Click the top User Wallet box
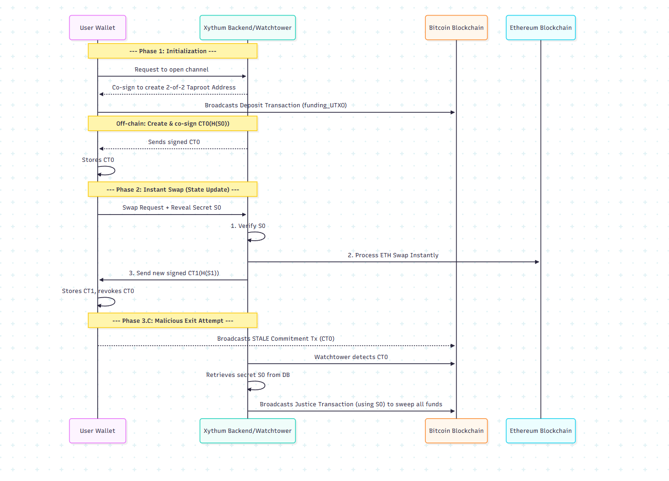(97, 28)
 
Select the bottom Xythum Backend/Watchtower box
(247, 431)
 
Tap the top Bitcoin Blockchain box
(456, 28)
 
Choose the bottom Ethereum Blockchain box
(541, 431)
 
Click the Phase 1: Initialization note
(173, 51)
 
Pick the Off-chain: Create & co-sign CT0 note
(173, 123)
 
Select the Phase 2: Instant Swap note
(173, 189)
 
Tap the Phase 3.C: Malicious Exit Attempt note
(173, 321)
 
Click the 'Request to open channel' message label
(172, 70)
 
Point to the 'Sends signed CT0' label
(174, 142)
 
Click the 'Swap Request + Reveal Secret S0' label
(172, 208)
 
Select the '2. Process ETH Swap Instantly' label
(393, 255)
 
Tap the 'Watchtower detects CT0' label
(351, 357)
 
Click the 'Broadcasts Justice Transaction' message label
(351, 404)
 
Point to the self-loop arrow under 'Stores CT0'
(110, 171)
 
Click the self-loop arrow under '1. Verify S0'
(260, 237)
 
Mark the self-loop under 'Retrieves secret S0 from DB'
(260, 386)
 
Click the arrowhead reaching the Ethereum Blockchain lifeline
(537, 262)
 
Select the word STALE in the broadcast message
(261, 339)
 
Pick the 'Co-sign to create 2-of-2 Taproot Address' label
(174, 88)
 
